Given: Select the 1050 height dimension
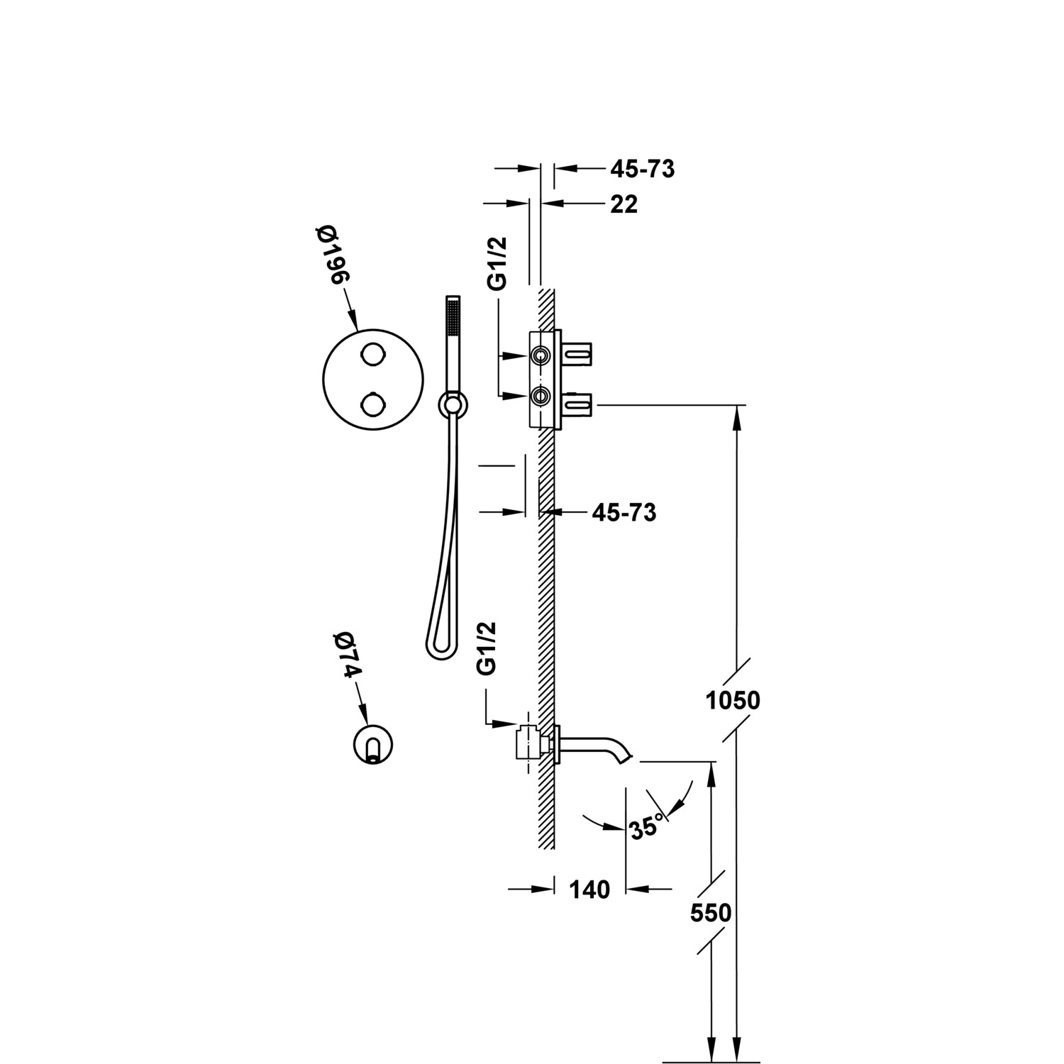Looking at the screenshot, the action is (x=733, y=701).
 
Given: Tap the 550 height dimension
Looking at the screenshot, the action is (x=711, y=913).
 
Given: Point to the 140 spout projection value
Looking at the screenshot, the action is (x=589, y=889).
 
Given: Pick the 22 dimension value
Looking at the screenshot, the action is (x=624, y=204).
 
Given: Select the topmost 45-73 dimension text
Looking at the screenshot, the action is (x=642, y=169).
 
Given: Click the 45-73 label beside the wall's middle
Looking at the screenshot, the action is (x=624, y=512).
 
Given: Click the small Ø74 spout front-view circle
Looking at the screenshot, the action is (x=373, y=743).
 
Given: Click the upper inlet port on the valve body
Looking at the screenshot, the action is (x=541, y=355).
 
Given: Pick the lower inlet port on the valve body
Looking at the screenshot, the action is (x=541, y=396).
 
